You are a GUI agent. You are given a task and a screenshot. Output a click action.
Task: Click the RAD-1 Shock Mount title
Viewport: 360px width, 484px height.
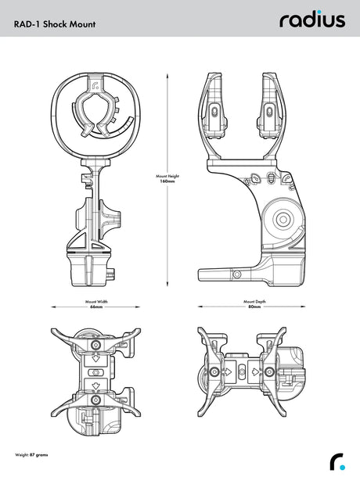point(55,24)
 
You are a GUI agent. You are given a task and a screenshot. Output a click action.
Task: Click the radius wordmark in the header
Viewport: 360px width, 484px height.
point(312,20)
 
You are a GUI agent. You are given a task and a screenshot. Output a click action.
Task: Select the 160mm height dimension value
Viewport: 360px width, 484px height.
point(167,181)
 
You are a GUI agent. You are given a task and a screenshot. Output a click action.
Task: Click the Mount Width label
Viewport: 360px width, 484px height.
point(96,302)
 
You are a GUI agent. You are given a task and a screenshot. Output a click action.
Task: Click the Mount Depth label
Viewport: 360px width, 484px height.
point(254,302)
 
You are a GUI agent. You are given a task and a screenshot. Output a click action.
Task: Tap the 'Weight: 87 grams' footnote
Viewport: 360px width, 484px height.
point(31,455)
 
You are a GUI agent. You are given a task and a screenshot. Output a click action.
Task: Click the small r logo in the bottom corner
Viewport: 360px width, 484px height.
point(337,462)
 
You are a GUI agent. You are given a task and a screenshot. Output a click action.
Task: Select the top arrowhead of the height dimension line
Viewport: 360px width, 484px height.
point(167,76)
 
